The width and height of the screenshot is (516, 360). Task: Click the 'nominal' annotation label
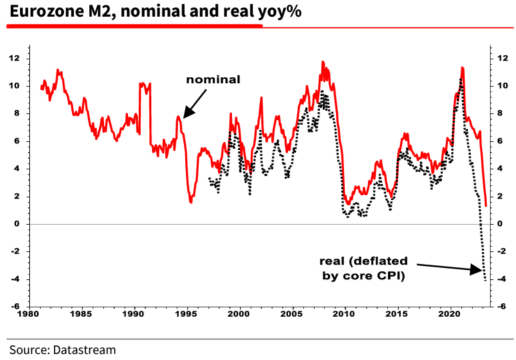click(213, 79)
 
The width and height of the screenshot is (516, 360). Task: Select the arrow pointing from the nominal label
click(195, 105)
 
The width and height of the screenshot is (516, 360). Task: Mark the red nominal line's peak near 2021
click(462, 67)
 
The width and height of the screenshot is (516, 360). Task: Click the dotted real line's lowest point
click(485, 281)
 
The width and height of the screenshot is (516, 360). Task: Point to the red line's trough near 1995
click(191, 201)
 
